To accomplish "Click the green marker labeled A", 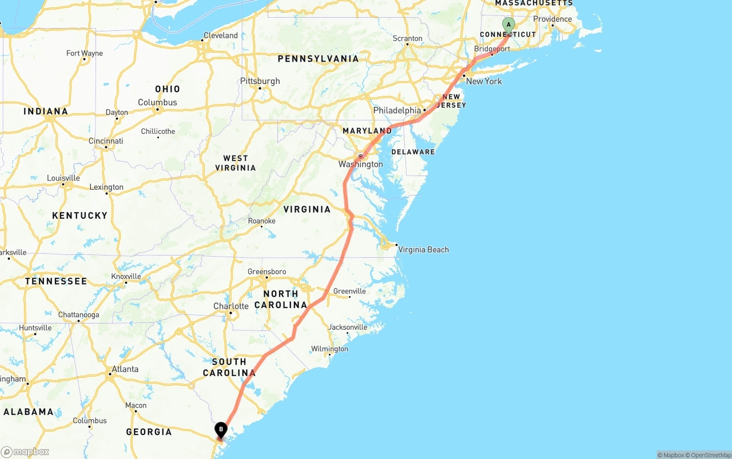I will pyautogui.click(x=508, y=25).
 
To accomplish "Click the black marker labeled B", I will pyautogui.click(x=221, y=429).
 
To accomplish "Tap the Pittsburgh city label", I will pyautogui.click(x=260, y=81).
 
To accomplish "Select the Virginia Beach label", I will pyautogui.click(x=423, y=250).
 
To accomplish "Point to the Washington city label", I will pyautogui.click(x=360, y=164).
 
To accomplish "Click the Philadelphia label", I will pyautogui.click(x=397, y=110).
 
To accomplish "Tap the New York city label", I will pyautogui.click(x=484, y=81).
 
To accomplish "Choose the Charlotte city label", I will pyautogui.click(x=231, y=306).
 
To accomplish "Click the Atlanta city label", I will pyautogui.click(x=125, y=369).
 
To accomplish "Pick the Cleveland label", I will pyautogui.click(x=221, y=35).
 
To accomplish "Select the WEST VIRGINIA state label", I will pyautogui.click(x=236, y=163).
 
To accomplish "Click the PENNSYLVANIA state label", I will pyautogui.click(x=318, y=59).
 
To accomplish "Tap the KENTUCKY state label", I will pyautogui.click(x=79, y=215).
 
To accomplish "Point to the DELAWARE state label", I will pyautogui.click(x=413, y=152).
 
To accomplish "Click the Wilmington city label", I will pyautogui.click(x=329, y=349).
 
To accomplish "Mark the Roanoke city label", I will pyautogui.click(x=261, y=221).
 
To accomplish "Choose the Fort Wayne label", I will pyautogui.click(x=85, y=53).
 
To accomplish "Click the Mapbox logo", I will pyautogui.click(x=25, y=452).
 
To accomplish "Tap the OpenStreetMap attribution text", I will pyautogui.click(x=710, y=455).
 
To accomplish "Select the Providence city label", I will pyautogui.click(x=552, y=19).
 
